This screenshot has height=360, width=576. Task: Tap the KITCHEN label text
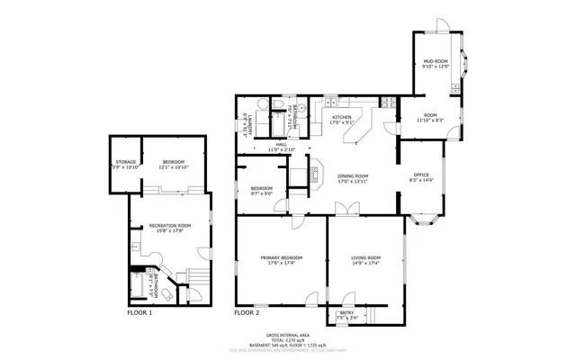341,118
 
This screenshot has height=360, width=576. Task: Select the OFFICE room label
421,174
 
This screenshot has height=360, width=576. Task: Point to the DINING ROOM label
353,175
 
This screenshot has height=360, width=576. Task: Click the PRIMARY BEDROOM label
282,258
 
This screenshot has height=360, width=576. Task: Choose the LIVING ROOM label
365,258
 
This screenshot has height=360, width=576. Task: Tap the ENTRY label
346,312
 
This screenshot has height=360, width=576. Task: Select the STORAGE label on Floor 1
125,162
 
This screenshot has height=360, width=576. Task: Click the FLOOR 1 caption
139,313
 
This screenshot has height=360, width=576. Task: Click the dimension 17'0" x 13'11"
353,181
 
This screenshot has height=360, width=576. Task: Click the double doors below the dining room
343,209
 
